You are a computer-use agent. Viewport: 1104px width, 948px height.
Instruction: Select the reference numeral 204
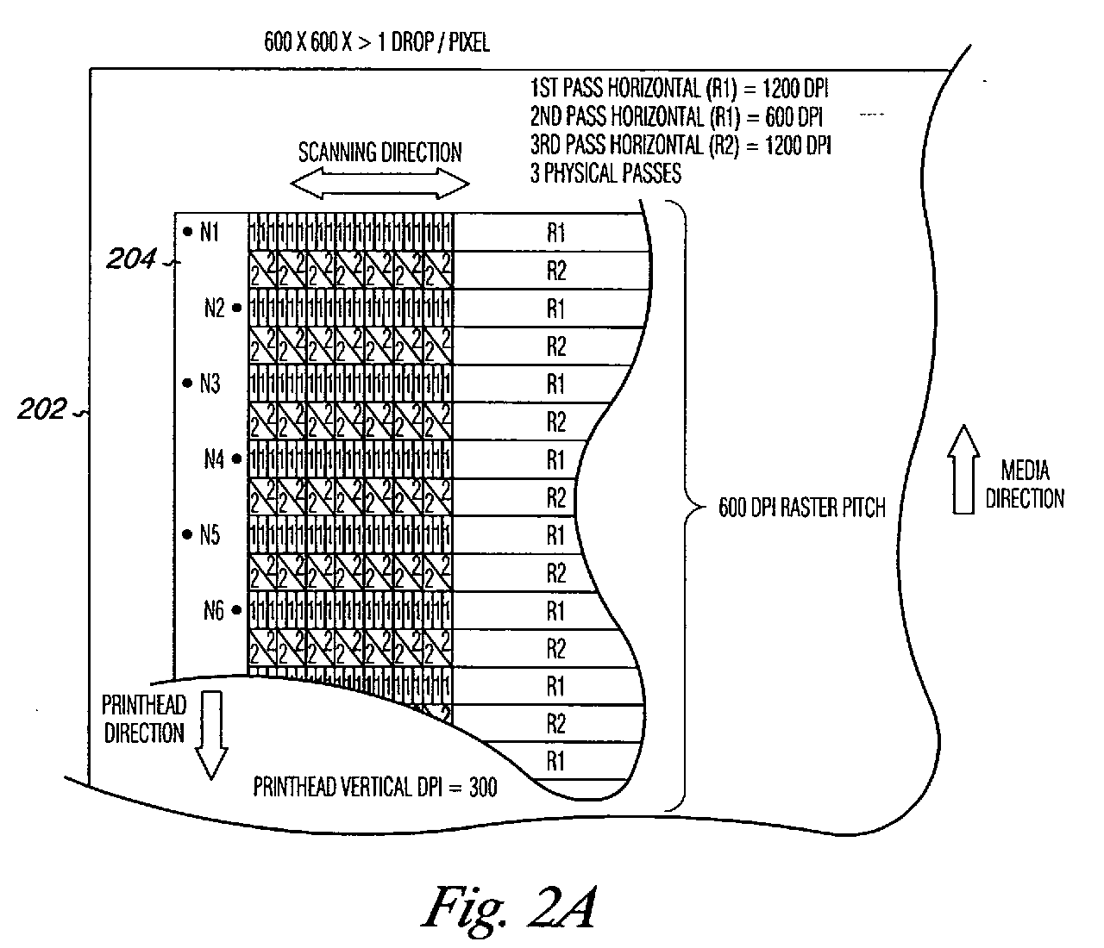pos(131,257)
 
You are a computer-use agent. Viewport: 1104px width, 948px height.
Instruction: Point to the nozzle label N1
pos(210,232)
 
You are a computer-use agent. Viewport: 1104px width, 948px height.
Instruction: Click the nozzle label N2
pos(215,308)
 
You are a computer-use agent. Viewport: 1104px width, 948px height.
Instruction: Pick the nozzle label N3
pos(210,384)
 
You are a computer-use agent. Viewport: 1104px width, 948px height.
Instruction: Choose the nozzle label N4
pos(215,459)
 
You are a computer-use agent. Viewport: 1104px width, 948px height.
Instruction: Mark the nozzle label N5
pos(210,535)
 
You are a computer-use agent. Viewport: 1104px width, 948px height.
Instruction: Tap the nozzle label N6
pos(215,611)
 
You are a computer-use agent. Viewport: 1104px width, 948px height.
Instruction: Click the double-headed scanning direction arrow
pos(379,184)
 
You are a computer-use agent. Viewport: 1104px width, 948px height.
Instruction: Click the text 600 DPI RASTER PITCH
pos(801,508)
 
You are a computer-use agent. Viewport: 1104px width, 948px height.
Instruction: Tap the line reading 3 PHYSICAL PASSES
pos(605,173)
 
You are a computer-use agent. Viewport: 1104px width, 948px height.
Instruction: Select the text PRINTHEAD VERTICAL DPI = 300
pos(374,787)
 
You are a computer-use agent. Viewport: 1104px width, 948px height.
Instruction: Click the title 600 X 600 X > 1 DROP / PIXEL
pos(377,42)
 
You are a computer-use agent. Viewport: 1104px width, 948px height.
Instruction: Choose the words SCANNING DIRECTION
pos(379,153)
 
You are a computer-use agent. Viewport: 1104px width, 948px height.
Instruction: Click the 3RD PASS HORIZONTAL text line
pos(681,145)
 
